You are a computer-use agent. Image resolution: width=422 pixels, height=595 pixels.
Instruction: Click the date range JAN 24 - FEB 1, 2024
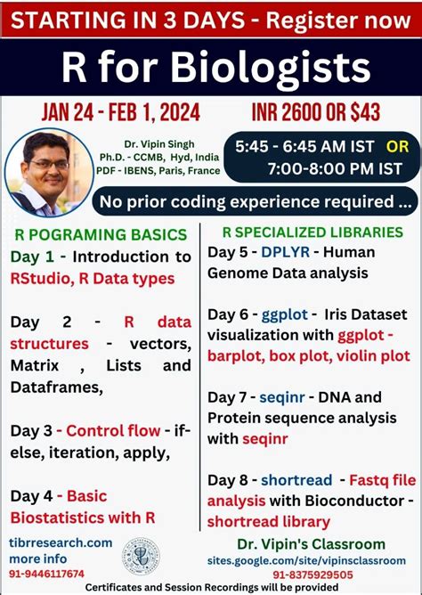pos(120,113)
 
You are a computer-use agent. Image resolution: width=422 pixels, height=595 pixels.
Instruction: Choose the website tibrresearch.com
pos(61,542)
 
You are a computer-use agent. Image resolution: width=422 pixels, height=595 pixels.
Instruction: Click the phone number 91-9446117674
pos(48,574)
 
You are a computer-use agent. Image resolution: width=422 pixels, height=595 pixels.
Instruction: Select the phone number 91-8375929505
pos(312,574)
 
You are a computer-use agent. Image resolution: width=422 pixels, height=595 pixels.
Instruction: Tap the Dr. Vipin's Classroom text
pos(311,543)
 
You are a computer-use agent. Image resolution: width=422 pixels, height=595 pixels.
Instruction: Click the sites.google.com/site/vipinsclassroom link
pos(311,559)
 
